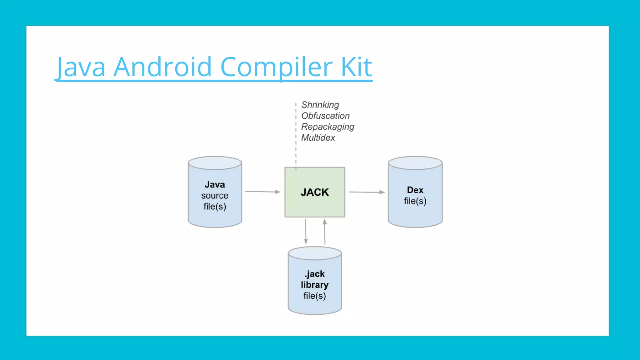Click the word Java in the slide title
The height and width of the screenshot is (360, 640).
tap(81, 67)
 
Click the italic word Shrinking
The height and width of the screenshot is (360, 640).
tap(320, 105)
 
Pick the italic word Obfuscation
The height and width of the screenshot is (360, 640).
tap(325, 116)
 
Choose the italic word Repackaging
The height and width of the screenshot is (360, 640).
tap(327, 127)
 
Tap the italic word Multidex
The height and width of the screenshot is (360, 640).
tap(318, 137)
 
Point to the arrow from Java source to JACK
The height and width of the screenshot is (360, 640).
tap(262, 192)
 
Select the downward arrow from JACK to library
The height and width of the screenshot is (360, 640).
tap(306, 232)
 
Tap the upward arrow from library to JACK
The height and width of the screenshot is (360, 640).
tap(325, 232)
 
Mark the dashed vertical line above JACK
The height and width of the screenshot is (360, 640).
tap(296, 134)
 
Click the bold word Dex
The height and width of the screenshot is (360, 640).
tap(415, 190)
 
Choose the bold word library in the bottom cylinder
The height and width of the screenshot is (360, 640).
tap(315, 285)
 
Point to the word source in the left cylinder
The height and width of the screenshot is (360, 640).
tap(215, 196)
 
